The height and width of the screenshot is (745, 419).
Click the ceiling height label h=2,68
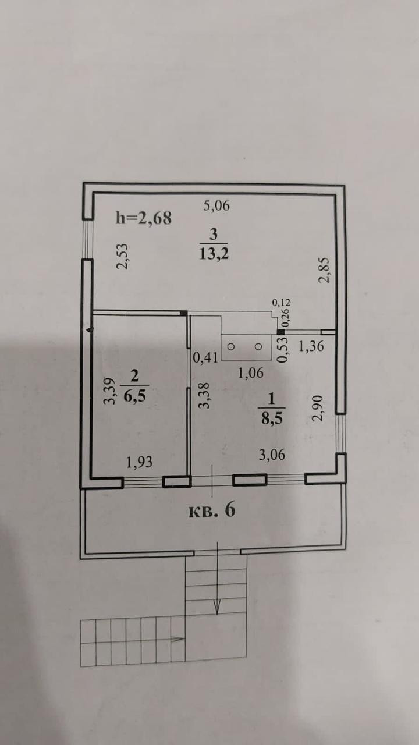point(143,218)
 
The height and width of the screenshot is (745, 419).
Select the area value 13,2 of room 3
point(213,254)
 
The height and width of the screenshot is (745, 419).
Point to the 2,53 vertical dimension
point(123,257)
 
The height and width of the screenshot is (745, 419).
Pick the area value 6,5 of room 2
point(134,396)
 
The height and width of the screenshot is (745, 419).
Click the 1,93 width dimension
point(140,462)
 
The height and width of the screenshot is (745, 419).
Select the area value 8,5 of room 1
point(271,418)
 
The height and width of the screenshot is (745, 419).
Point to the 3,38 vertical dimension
point(203,395)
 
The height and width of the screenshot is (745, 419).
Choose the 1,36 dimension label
point(311,347)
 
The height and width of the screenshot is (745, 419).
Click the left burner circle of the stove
point(230,346)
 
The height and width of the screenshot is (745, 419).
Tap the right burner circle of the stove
point(260,346)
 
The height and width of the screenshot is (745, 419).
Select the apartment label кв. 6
point(212,510)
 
